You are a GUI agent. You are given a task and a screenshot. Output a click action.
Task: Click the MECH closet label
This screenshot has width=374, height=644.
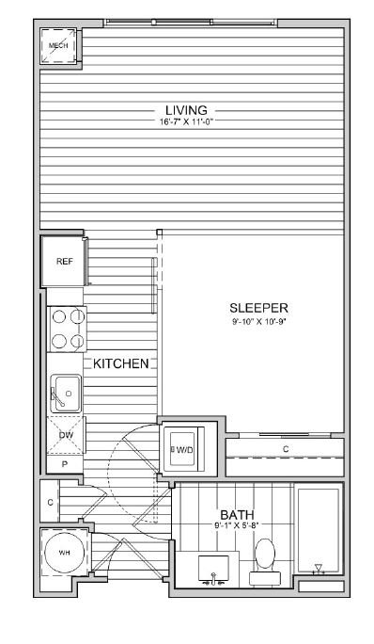(x=58, y=45)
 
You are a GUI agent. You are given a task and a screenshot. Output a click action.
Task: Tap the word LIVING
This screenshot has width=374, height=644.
(x=186, y=110)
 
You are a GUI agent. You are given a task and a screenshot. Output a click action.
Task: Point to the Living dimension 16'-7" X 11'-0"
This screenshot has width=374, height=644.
(x=187, y=122)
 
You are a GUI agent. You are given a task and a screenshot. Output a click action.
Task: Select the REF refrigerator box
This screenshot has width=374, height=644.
(x=64, y=262)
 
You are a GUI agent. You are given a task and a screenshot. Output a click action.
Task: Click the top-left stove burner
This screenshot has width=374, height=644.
(x=59, y=316)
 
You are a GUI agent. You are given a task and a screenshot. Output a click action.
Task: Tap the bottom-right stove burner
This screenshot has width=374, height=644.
(x=77, y=341)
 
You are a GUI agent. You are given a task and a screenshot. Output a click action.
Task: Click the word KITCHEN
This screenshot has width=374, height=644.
(x=120, y=363)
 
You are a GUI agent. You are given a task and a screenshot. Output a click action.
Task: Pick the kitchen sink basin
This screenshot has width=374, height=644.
(x=66, y=394)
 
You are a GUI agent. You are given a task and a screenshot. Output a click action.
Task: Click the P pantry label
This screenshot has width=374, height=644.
(x=65, y=464)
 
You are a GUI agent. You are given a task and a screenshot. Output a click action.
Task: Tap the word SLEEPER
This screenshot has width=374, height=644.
(x=258, y=308)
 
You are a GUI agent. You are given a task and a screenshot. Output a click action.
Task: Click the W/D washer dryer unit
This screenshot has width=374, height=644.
(x=182, y=449)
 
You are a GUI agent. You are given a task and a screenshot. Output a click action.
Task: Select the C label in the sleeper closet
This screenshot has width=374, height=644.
(x=286, y=449)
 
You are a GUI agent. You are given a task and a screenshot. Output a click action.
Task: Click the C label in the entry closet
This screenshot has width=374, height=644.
(x=50, y=503)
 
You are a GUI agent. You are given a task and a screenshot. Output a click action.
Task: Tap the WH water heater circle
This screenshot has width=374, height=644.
(x=64, y=553)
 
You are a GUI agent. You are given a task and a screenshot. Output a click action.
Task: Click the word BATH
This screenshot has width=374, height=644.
(x=237, y=515)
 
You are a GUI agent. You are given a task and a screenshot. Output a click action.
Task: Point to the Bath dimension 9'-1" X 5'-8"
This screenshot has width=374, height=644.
(x=237, y=524)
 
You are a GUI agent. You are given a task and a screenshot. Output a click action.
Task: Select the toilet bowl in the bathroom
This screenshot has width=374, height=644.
(x=264, y=554)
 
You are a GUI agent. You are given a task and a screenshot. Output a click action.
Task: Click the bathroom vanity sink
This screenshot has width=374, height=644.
(x=213, y=568)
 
